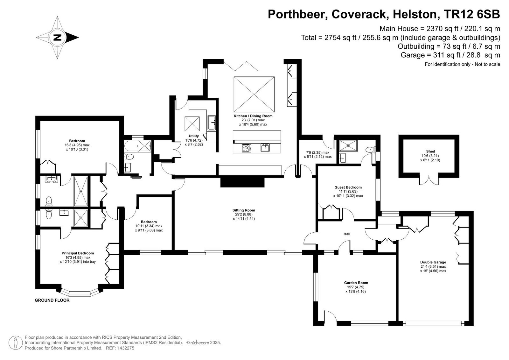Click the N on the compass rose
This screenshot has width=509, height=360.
tap(58, 38)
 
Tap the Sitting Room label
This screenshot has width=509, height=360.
tap(244, 210)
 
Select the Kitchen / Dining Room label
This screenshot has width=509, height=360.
tap(253, 116)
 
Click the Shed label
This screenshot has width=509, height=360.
tap(430, 151)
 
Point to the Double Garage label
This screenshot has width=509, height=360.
tap(433, 262)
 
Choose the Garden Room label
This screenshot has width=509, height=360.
tap(356, 283)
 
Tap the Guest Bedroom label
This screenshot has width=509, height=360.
tap(348, 187)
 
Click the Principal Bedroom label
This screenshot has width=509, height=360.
tap(78, 253)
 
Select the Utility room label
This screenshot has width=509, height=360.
tap(194, 136)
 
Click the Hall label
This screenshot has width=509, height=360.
tap(347, 234)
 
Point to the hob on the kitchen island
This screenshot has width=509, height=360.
tap(247, 148)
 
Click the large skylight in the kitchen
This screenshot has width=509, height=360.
tap(254, 95)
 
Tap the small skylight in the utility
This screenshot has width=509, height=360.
tap(192, 124)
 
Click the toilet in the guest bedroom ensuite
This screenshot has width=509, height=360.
tap(370, 149)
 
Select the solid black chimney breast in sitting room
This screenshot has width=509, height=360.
tap(242, 182)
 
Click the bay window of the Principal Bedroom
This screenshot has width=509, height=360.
tap(80, 293)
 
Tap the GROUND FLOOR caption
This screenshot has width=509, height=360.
tap(52, 300)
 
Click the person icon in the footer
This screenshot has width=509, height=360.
tap(16, 343)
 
